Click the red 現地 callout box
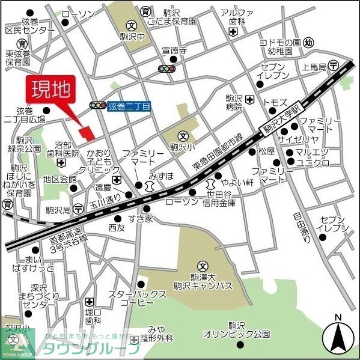[50, 90]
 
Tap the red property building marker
[86, 130]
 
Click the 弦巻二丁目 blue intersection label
[130, 105]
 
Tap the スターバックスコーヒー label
[136, 299]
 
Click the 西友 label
[116, 228]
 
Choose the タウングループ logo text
[90, 348]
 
